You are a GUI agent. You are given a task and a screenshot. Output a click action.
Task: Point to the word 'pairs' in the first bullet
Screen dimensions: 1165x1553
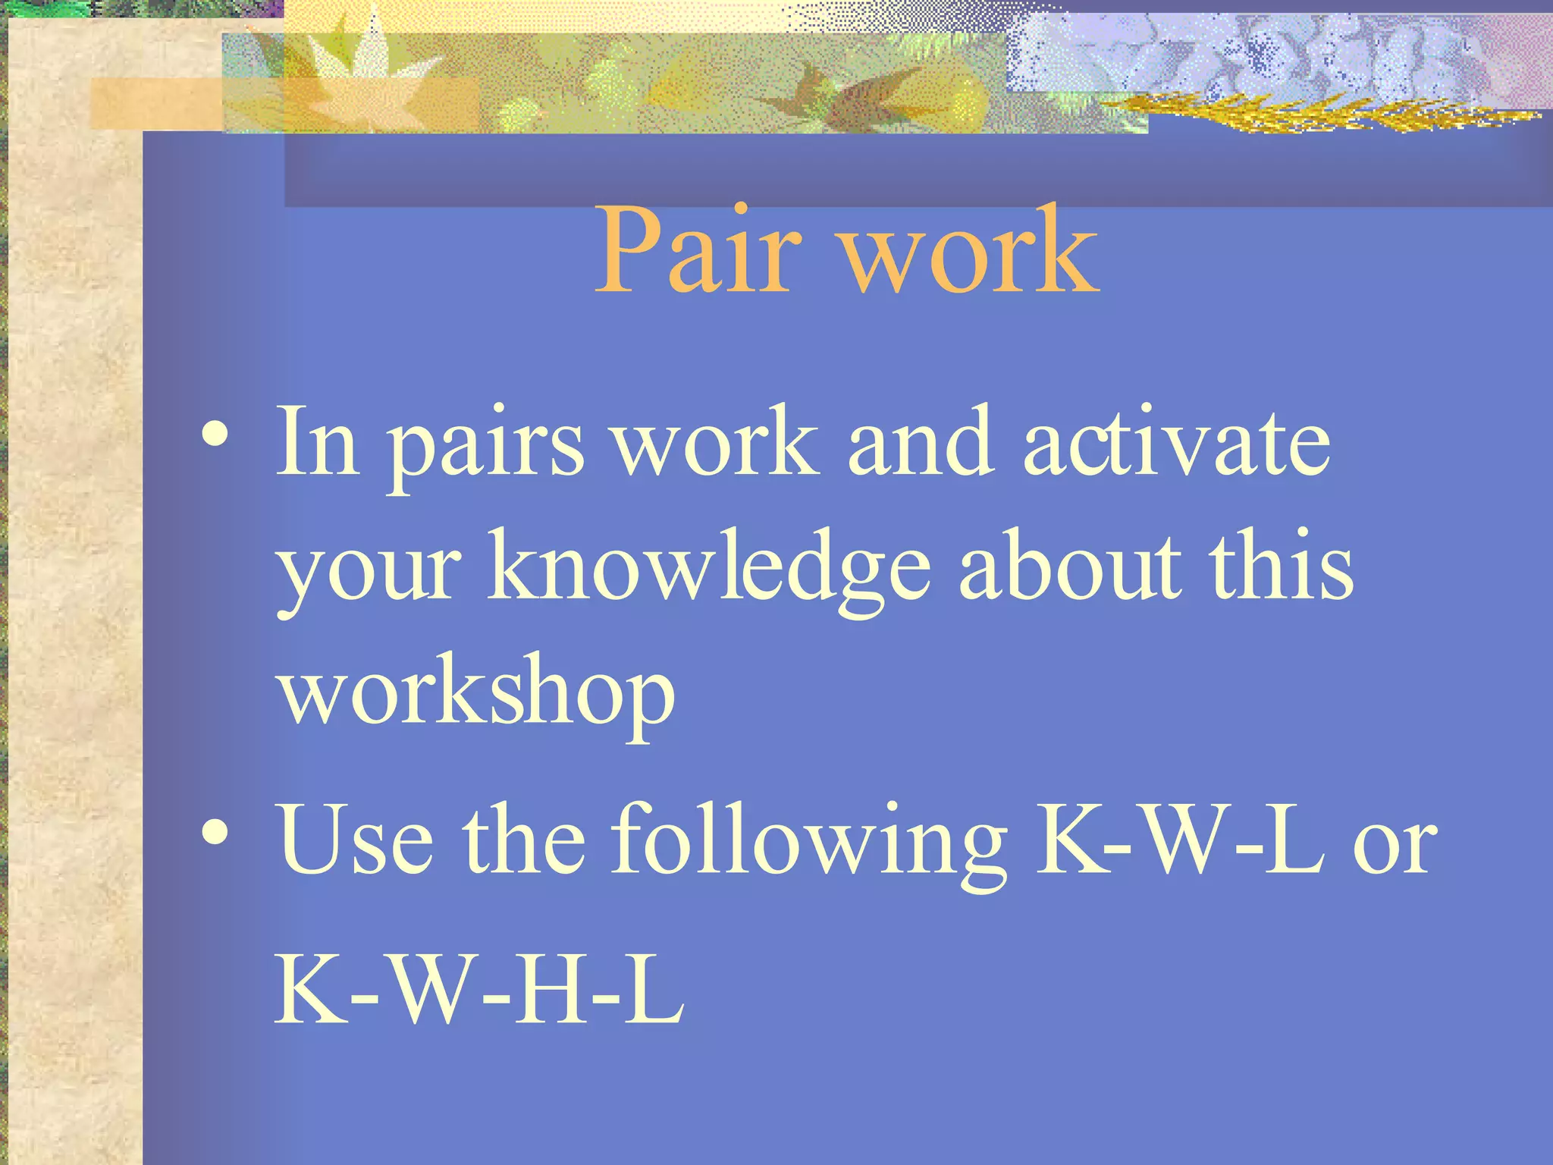(486, 447)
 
